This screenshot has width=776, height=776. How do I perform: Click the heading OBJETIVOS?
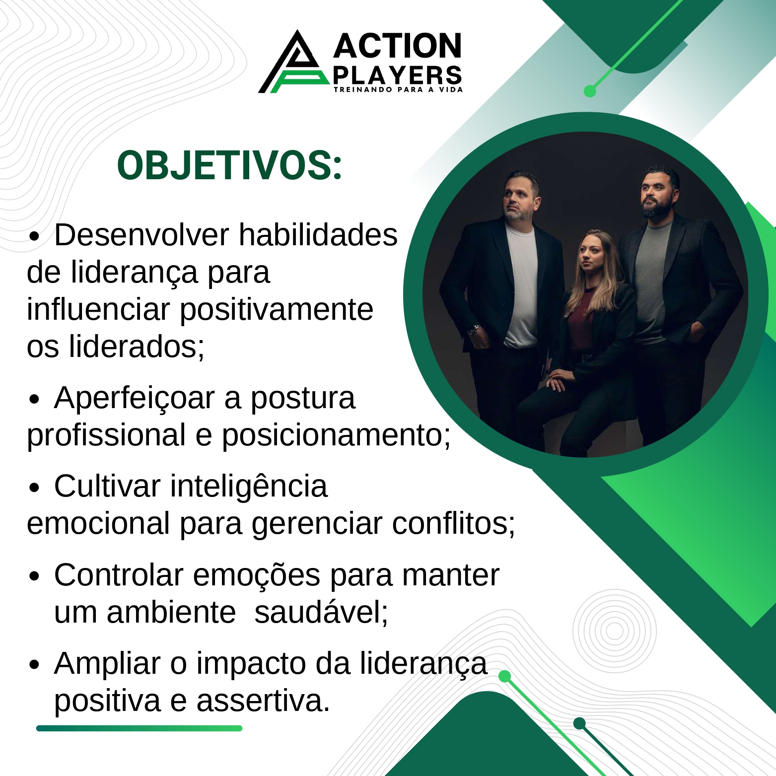pos(229,166)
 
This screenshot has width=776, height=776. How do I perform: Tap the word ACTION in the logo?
pos(397,46)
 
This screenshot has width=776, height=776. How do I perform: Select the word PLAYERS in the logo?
pos(397,75)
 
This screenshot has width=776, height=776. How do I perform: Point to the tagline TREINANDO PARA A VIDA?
pos(398,90)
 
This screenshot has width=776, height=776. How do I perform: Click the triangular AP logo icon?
pos(293,65)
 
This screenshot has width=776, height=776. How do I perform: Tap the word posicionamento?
pos(336,435)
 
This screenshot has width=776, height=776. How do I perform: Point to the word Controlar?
pos(118,575)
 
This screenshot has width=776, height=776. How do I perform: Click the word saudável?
pos(321,612)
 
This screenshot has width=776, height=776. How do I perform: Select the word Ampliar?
pos(107,663)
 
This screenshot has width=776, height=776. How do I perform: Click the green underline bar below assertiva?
pos(139,728)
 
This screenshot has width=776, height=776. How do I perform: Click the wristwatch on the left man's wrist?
pos(474,329)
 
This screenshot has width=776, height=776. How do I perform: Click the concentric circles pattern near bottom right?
pos(615,632)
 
